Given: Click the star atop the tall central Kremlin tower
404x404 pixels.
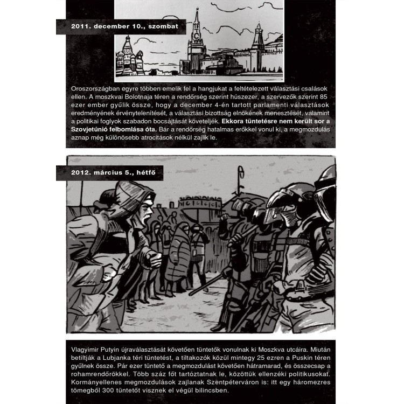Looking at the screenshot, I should click(197, 11).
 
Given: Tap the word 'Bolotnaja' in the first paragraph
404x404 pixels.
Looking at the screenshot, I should click(149, 96).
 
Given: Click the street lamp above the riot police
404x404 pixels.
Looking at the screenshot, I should click(240, 175).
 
